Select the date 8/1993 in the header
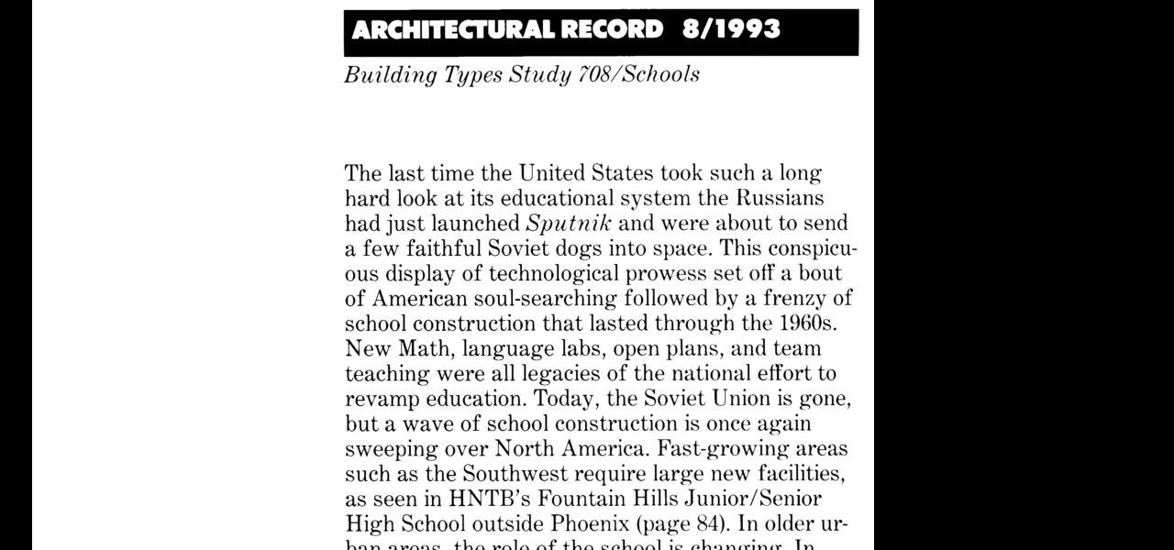click(731, 30)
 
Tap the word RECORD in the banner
click(612, 30)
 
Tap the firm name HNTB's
click(488, 500)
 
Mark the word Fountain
click(580, 500)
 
